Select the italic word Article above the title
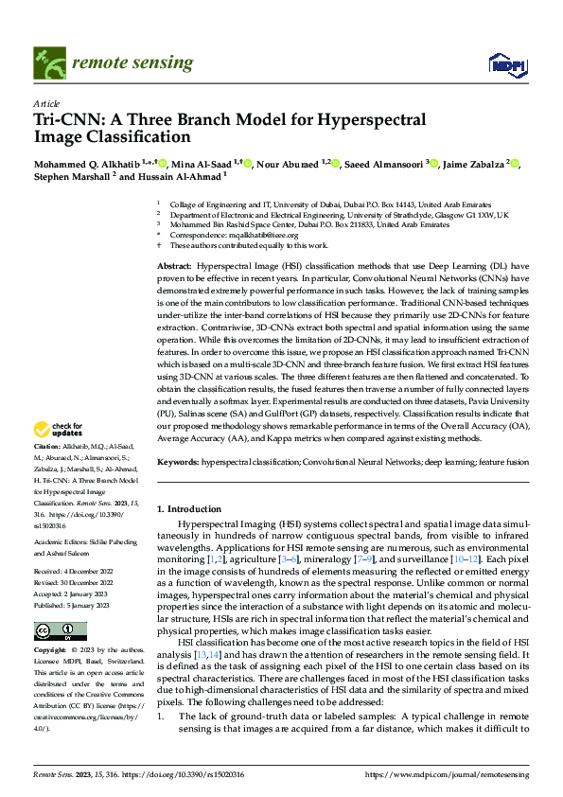(x=46, y=102)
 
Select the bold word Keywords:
(x=179, y=461)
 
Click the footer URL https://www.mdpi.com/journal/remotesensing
(x=447, y=774)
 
